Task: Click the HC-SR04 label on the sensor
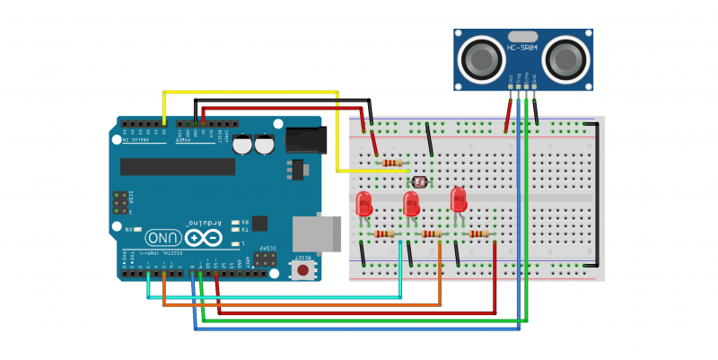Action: (x=522, y=48)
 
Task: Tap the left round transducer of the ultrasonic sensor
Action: (x=480, y=59)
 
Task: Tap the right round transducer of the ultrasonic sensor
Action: (x=566, y=59)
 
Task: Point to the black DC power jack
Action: (x=305, y=137)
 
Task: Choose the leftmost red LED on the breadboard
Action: (x=364, y=203)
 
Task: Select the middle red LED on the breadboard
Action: (x=412, y=203)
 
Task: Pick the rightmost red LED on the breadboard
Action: (x=459, y=198)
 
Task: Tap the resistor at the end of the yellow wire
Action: (x=392, y=162)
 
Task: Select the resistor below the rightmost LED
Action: (x=477, y=234)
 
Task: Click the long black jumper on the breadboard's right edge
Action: (x=593, y=193)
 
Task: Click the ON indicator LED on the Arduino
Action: (x=140, y=230)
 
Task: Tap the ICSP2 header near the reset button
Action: (x=267, y=258)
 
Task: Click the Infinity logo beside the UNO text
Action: (x=204, y=237)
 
